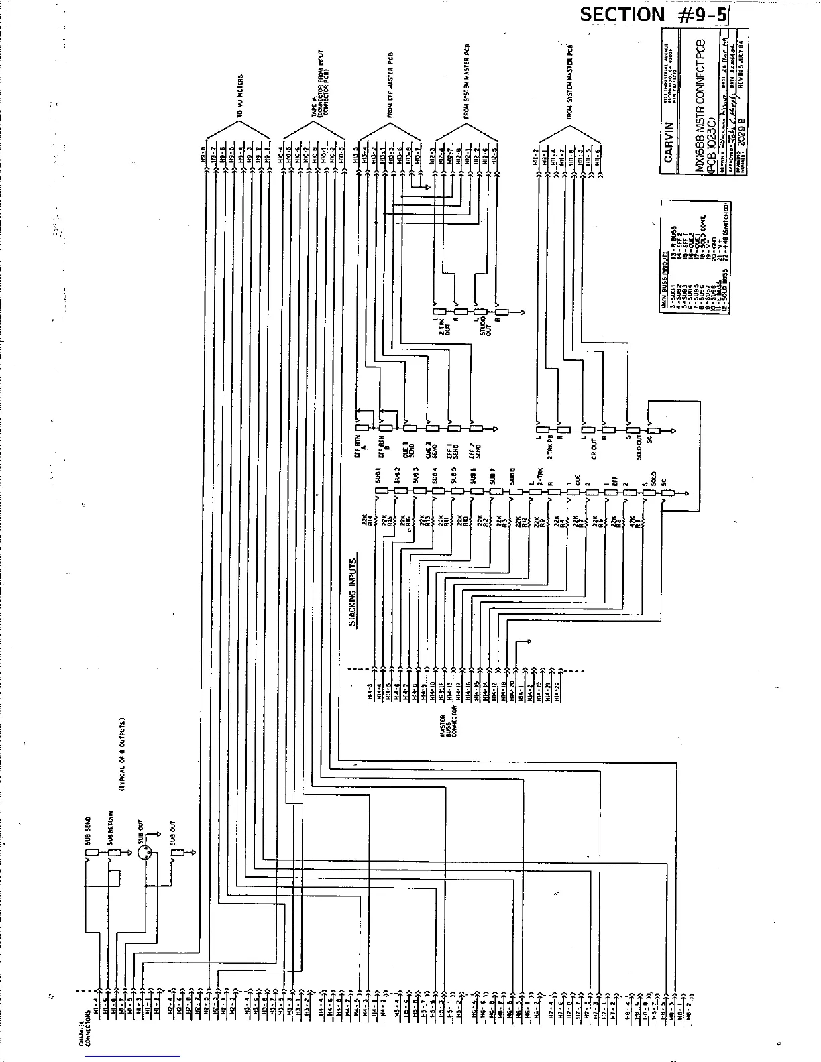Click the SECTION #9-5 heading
coord(653,14)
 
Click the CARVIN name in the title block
coord(668,141)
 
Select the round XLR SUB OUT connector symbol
coord(144,853)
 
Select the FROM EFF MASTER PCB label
coord(390,85)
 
